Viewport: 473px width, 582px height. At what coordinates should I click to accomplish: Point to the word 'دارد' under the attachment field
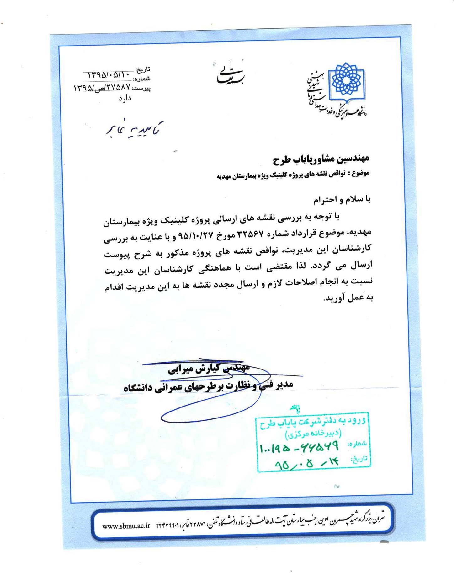tap(125, 99)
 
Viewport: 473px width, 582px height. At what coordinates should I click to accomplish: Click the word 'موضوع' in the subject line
tap(361, 173)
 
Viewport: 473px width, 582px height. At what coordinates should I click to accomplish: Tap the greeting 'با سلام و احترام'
tap(342, 199)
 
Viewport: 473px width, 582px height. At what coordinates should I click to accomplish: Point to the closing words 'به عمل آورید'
tap(348, 298)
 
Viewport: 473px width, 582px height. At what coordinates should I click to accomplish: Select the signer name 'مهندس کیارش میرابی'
tap(209, 369)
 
